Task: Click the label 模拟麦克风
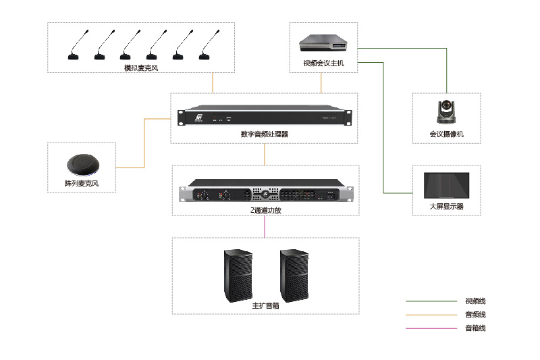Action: pos(140,68)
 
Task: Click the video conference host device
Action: pos(323,44)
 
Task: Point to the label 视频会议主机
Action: pos(323,64)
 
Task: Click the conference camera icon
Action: pos(446,111)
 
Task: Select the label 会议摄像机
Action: pos(446,134)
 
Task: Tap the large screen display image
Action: pos(446,185)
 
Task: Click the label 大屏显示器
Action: pos(446,207)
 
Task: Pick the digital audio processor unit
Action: pos(265,117)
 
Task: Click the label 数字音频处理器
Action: pos(264,134)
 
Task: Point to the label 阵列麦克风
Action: pos(81,184)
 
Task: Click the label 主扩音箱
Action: pos(265,305)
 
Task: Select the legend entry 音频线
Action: pos(475,315)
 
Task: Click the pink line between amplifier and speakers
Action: pos(265,226)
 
